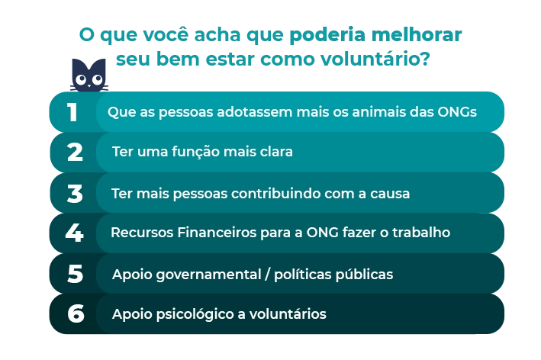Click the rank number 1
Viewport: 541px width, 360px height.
point(72,112)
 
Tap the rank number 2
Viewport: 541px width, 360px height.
point(75,152)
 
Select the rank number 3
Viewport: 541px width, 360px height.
point(75,194)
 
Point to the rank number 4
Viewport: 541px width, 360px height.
point(75,233)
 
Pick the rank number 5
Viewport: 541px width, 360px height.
point(76,274)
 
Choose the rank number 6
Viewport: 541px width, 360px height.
point(76,313)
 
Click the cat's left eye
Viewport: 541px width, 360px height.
point(81,79)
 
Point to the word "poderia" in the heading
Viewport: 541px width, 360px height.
point(322,34)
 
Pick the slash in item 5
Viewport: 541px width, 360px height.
point(267,275)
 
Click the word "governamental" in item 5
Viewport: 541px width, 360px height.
point(209,275)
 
